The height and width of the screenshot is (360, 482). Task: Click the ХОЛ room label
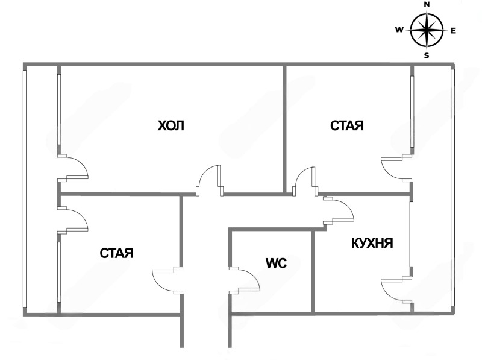(171, 126)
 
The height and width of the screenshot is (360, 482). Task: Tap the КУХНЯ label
(372, 244)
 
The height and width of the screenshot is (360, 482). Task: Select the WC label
(275, 263)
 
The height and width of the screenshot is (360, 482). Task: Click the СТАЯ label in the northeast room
(347, 126)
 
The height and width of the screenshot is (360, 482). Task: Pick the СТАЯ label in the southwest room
(116, 253)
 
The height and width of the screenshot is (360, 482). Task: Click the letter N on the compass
(427, 4)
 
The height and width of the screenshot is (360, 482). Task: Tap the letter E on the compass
(453, 30)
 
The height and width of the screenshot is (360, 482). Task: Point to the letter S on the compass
(427, 55)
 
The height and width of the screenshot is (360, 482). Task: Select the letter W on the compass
(399, 30)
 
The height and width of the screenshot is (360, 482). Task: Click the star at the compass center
(427, 30)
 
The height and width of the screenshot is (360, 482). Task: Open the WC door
(244, 280)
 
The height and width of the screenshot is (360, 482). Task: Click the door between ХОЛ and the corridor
(210, 181)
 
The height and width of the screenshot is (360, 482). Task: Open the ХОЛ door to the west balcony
(74, 167)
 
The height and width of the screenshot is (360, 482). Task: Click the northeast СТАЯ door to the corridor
(305, 181)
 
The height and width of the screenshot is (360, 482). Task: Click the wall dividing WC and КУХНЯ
(313, 271)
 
